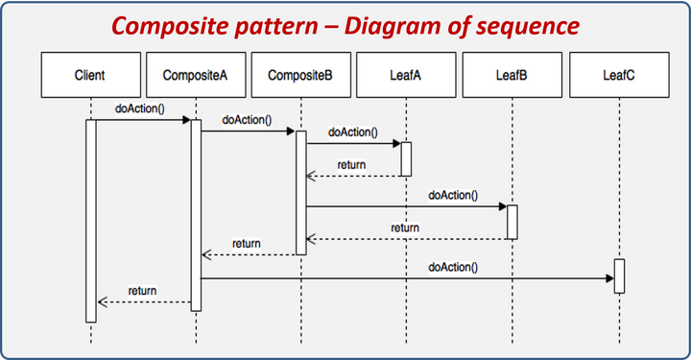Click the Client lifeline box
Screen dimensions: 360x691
coord(90,74)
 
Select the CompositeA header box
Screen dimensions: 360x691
coord(196,74)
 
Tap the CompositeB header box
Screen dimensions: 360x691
coord(300,74)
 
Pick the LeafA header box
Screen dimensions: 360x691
coord(405,74)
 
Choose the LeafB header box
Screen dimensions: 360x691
coord(512,74)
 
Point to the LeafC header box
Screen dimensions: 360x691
coord(617,74)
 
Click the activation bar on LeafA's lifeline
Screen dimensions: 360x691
coord(406,158)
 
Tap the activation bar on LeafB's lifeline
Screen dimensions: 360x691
coord(512,222)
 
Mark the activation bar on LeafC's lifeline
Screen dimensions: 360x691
coord(619,276)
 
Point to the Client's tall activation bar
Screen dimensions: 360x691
coord(91,221)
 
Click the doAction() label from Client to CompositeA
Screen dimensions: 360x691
coord(140,108)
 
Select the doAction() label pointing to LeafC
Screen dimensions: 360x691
coord(452,267)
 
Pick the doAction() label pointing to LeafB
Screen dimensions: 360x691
coord(452,195)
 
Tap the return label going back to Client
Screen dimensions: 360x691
coord(142,290)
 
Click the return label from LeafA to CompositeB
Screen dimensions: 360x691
coord(351,165)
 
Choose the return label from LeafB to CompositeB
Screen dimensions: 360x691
coord(404,228)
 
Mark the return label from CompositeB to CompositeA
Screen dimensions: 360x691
coord(246,244)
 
